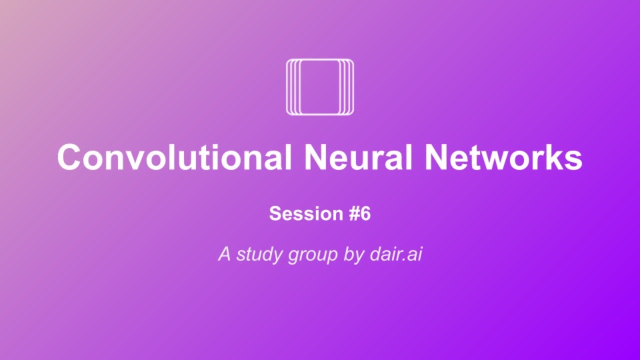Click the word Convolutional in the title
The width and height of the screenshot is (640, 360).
[174, 157]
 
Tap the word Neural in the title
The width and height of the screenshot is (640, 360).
[357, 157]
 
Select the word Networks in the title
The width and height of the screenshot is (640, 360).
[503, 157]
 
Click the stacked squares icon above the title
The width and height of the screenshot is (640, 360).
[320, 87]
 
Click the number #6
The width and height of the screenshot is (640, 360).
[359, 214]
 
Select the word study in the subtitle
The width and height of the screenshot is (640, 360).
[260, 254]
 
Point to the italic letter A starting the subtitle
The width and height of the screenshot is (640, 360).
[225, 254]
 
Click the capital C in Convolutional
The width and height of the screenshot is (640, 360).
[69, 157]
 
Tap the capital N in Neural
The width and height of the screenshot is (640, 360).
[316, 157]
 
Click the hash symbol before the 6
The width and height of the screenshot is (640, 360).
[352, 214]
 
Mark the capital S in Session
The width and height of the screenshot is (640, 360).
[275, 214]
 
